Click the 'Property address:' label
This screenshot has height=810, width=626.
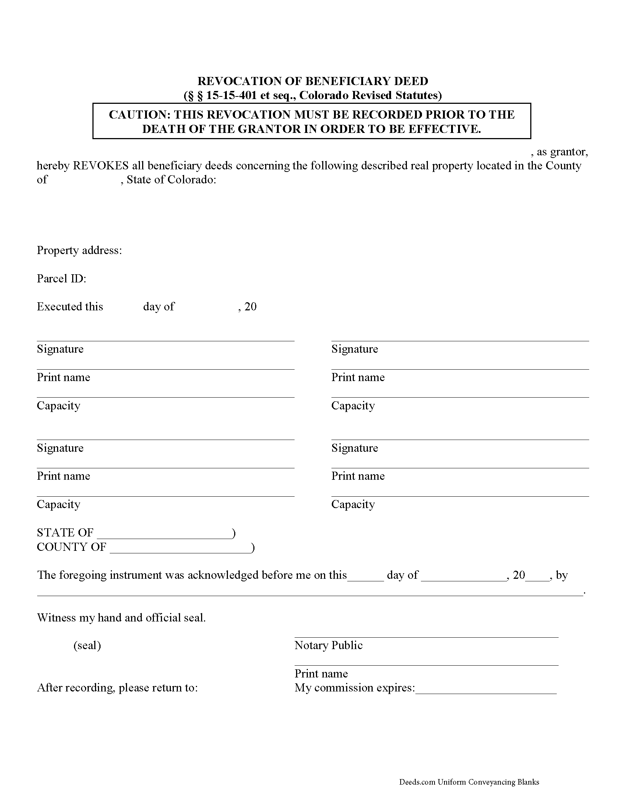coord(79,250)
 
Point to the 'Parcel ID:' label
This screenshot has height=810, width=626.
coord(61,279)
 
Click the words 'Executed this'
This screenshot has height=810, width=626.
coord(70,307)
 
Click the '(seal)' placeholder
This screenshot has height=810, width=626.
coord(87,646)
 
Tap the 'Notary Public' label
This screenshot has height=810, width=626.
coord(328,645)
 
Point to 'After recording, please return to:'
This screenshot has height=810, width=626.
coord(117,688)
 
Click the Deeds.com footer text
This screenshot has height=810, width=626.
coord(469,782)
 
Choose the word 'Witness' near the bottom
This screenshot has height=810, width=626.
coord(56,617)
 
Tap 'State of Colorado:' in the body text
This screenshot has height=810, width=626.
coord(171,180)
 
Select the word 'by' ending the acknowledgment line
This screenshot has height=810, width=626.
coord(562,575)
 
